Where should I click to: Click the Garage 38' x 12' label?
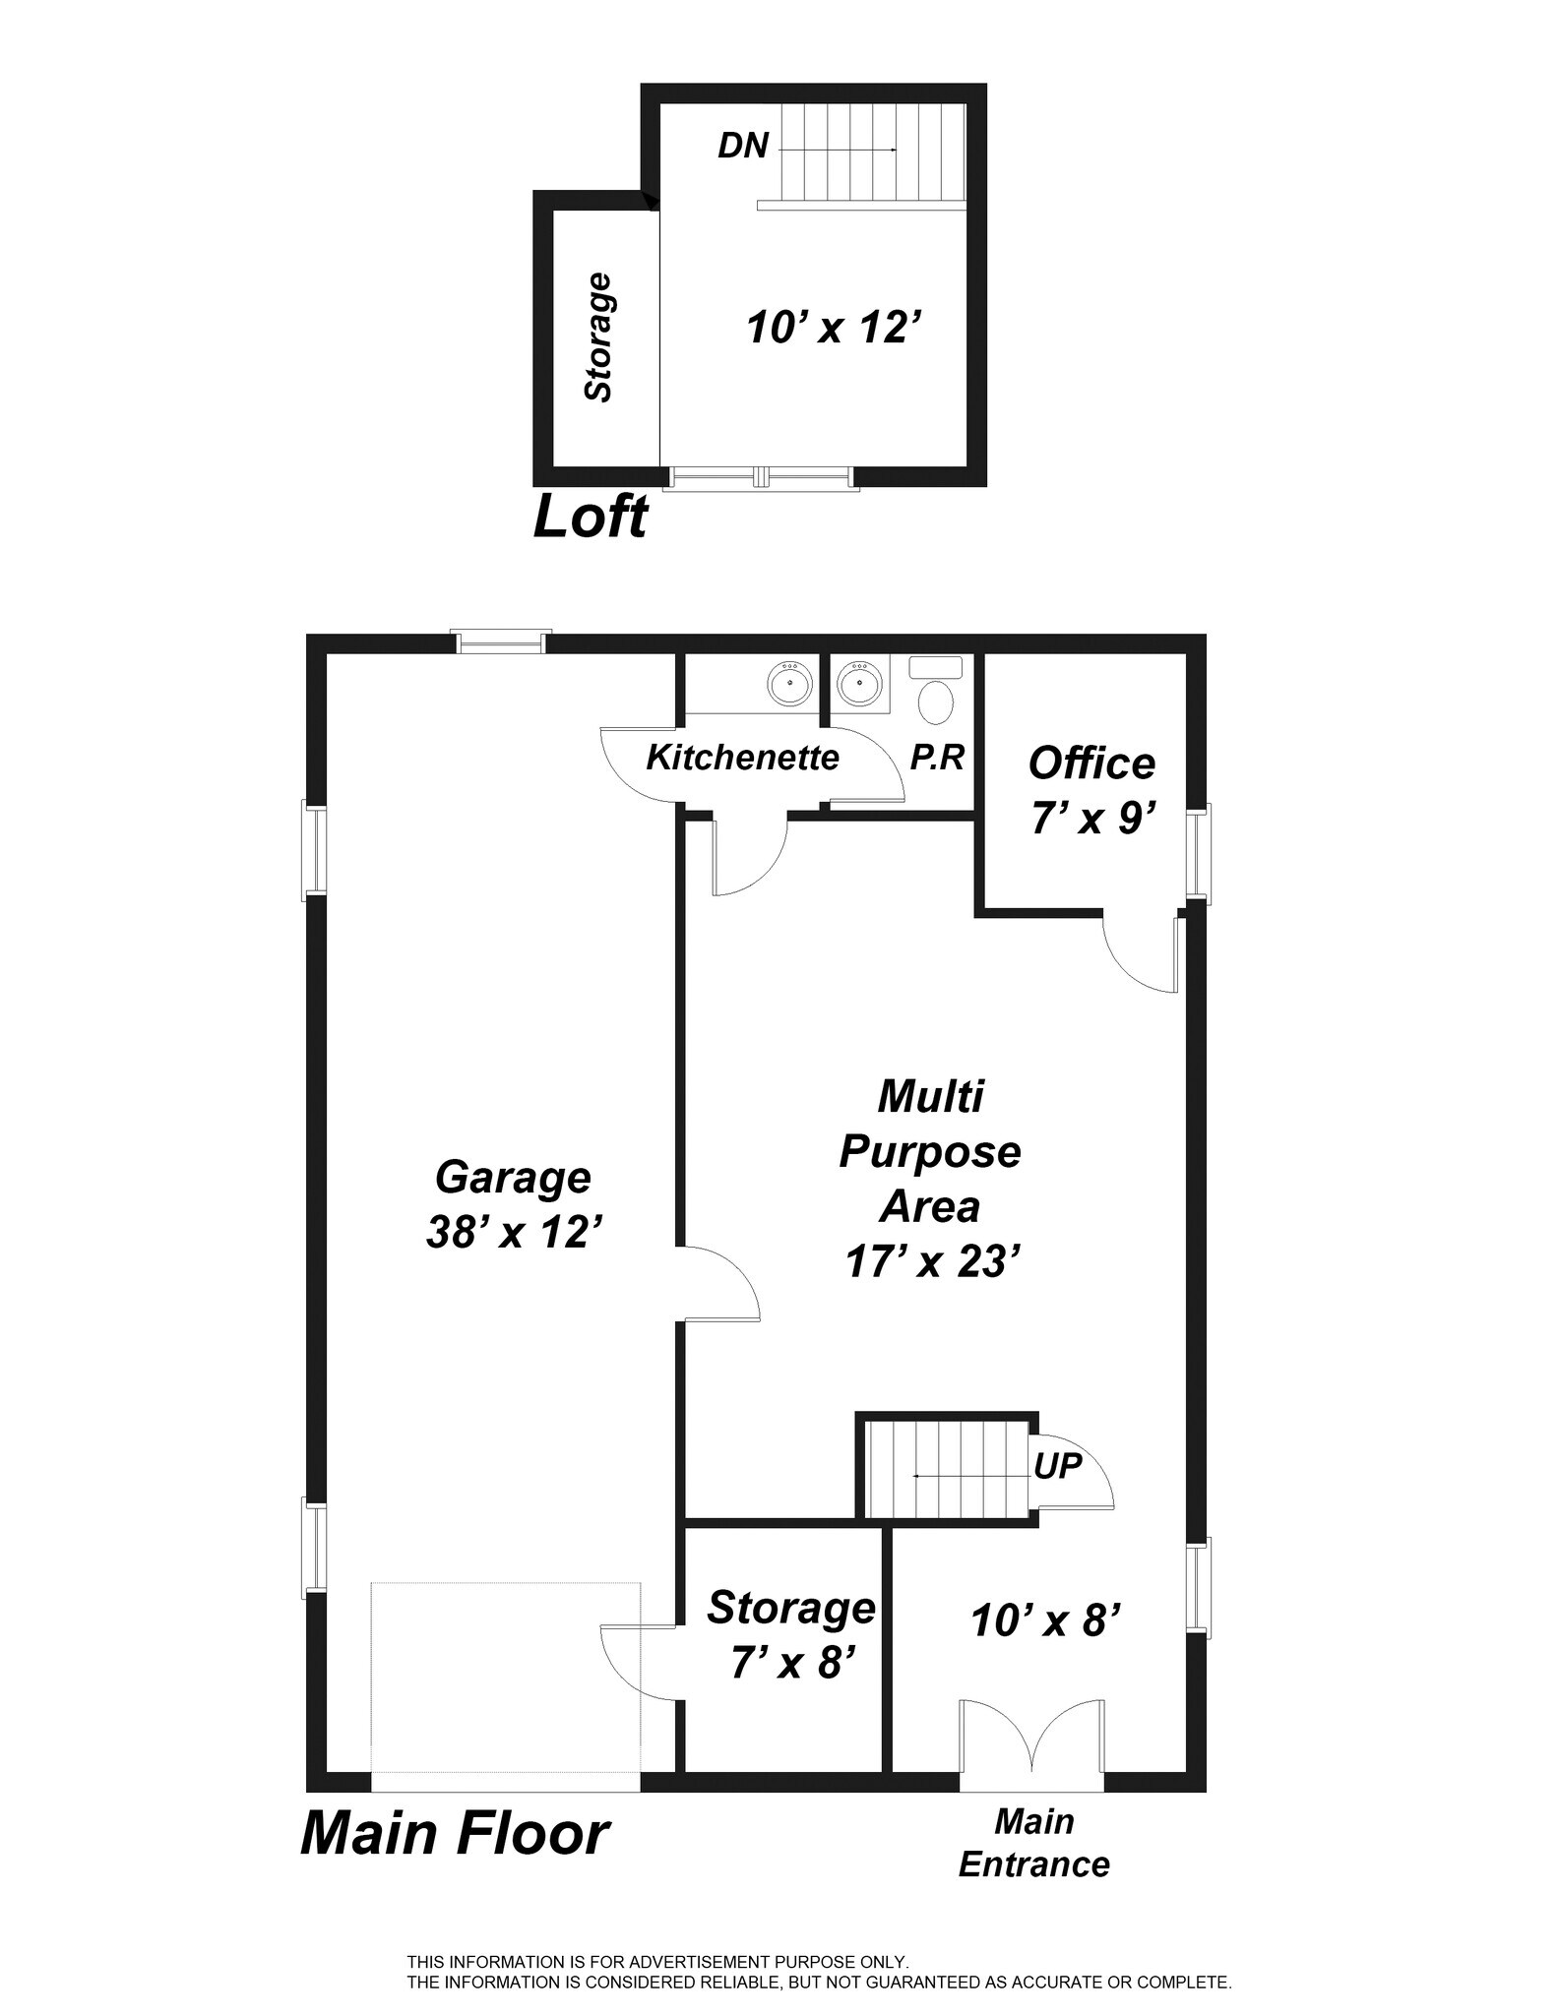[x=513, y=1203]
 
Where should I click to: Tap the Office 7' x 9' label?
[x=1091, y=790]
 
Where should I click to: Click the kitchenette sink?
[x=789, y=683]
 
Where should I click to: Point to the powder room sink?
[x=860, y=682]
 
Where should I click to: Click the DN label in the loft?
[x=742, y=146]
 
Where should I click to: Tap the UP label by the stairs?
[x=1057, y=1466]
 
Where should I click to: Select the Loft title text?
[x=590, y=517]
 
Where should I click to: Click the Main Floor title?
[x=455, y=1834]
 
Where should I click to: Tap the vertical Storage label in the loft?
[x=598, y=337]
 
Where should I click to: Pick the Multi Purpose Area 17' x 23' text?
[x=930, y=1178]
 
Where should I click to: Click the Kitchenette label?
[x=742, y=758]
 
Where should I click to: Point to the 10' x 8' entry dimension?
[x=1045, y=1620]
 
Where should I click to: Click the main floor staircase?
[x=947, y=1470]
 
